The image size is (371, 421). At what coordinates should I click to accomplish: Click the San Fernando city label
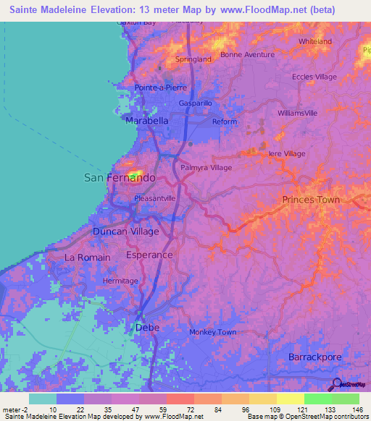[120, 177]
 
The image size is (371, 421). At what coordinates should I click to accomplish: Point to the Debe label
[147, 328]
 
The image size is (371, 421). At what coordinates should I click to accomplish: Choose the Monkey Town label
[213, 332]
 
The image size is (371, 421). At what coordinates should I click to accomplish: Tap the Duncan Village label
[125, 231]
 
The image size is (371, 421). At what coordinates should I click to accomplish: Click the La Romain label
[88, 258]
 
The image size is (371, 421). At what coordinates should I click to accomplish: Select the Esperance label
[149, 255]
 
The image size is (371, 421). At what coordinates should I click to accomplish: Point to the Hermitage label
[120, 281]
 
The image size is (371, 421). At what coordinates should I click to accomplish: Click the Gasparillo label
[195, 103]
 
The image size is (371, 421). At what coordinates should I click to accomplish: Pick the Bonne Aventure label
[247, 55]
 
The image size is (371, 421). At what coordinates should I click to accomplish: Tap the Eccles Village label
[314, 77]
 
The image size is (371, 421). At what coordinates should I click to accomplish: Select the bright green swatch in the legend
[317, 399]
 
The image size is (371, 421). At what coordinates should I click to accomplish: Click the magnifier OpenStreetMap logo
[338, 386]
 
